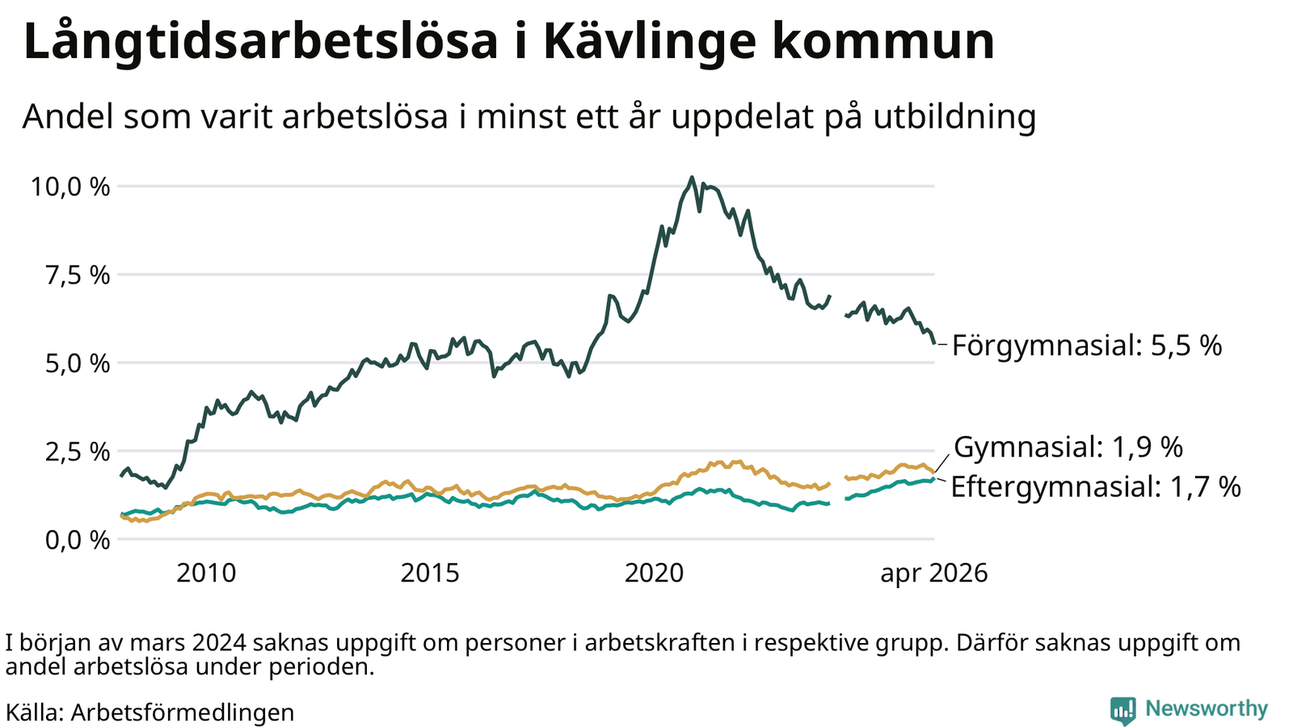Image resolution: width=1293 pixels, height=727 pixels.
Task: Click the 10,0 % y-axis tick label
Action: (x=69, y=187)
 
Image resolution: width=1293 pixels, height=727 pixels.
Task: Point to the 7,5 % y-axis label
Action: (x=78, y=275)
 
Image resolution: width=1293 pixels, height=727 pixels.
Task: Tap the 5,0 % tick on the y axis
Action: (x=78, y=363)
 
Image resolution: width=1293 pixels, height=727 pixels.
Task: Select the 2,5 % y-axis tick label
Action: (x=78, y=452)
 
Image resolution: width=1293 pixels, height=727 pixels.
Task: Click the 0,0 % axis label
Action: (x=78, y=540)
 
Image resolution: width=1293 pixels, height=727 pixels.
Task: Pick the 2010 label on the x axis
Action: (x=206, y=573)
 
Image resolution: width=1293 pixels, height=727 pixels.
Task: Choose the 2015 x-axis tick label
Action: (x=430, y=573)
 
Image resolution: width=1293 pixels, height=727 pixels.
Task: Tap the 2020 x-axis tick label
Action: (x=654, y=573)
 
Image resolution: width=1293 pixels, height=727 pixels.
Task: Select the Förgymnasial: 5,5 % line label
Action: (x=1087, y=346)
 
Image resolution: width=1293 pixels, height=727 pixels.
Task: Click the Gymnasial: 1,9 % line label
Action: (x=1068, y=448)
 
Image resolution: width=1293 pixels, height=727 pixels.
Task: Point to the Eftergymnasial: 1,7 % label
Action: (x=1096, y=486)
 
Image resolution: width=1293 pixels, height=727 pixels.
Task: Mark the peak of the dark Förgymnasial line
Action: (x=692, y=178)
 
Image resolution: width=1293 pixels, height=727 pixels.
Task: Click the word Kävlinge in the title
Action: (x=650, y=41)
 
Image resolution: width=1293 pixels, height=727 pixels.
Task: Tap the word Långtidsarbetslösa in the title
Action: (x=260, y=41)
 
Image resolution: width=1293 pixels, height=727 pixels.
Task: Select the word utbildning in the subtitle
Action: (x=954, y=116)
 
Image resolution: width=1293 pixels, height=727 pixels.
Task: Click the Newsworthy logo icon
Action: (x=1122, y=710)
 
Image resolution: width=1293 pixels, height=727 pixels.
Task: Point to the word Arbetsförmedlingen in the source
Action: (x=183, y=712)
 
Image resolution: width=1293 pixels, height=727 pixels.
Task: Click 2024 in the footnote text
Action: (x=219, y=643)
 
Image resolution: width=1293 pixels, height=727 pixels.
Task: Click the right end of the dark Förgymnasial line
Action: (x=934, y=343)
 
